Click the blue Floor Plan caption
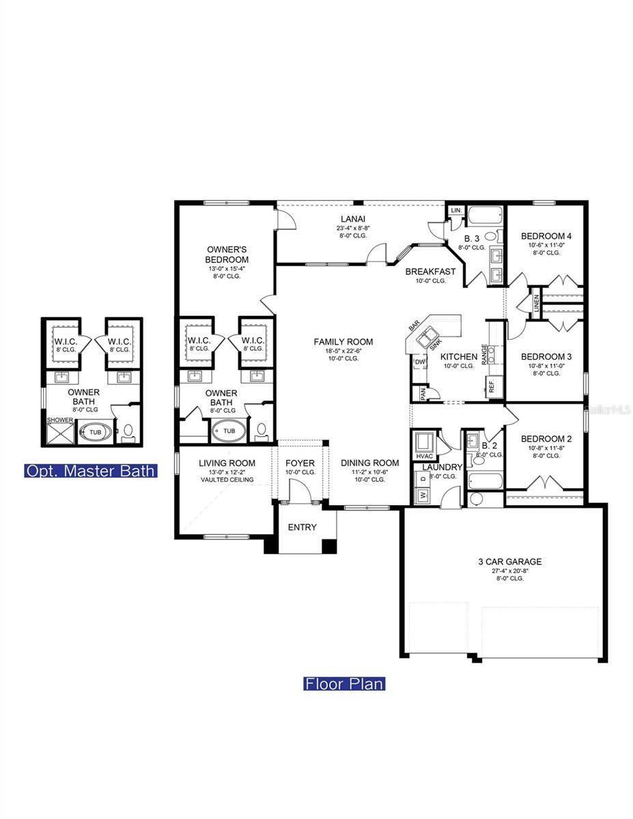click(344, 683)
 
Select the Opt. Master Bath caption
click(91, 471)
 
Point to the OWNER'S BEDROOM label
click(227, 255)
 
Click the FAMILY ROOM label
click(343, 342)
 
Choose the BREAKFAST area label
click(430, 272)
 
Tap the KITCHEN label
click(458, 357)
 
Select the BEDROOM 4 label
click(546, 236)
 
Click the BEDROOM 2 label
click(546, 439)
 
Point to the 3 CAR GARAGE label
click(509, 562)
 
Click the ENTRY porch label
click(302, 527)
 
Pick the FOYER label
click(300, 463)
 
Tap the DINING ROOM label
click(369, 463)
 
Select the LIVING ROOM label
click(227, 463)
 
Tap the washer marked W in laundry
click(421, 495)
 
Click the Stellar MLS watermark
click(608, 410)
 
